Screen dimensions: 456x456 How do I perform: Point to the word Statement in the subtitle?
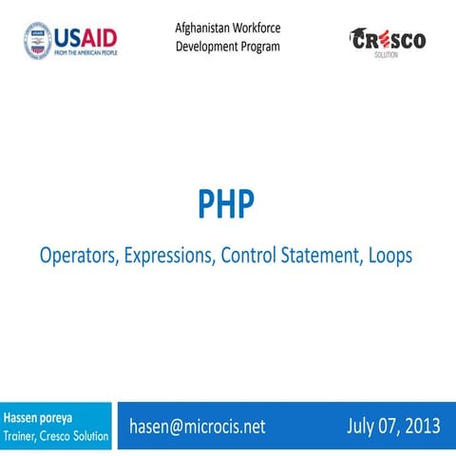[314, 256]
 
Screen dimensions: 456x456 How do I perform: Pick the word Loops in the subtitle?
[389, 256]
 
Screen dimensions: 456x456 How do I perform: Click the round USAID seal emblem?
[38, 40]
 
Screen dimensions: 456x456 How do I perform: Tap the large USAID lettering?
[86, 37]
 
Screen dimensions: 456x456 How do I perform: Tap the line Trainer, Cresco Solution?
[55, 435]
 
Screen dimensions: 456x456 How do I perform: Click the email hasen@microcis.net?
[198, 427]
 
